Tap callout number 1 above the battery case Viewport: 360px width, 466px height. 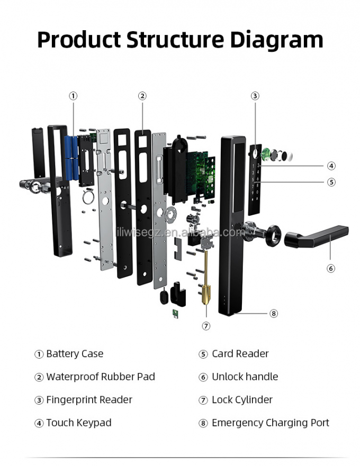click(x=73, y=96)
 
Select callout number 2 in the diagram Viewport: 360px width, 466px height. click(x=142, y=96)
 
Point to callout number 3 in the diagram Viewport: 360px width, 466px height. click(x=255, y=96)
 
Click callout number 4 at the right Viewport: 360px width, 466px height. click(x=331, y=166)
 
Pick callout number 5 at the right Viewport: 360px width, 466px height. click(x=331, y=182)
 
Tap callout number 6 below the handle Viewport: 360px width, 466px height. click(x=331, y=268)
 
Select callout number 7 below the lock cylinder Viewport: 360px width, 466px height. click(x=206, y=326)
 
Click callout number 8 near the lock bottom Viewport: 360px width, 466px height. click(x=274, y=313)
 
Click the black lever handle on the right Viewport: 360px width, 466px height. click(x=318, y=236)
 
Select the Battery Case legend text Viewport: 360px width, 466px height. click(x=75, y=354)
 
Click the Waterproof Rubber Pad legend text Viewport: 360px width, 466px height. click(x=101, y=377)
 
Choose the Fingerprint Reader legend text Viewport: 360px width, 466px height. click(x=89, y=400)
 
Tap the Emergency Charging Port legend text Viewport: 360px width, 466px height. click(x=270, y=423)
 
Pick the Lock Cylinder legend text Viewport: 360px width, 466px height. click(x=242, y=400)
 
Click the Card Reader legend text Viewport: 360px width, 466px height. click(x=240, y=354)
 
